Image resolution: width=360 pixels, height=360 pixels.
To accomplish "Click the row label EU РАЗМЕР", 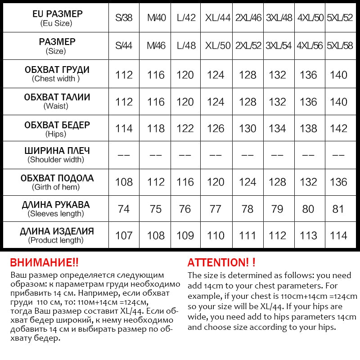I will click(x=58, y=14).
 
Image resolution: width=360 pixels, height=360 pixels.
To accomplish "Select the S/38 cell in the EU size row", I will click(x=124, y=18).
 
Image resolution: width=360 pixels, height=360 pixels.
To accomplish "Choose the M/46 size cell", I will click(x=156, y=46).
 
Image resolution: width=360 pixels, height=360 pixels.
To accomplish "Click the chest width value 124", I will click(x=216, y=75).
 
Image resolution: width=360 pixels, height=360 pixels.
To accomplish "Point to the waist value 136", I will click(x=308, y=102).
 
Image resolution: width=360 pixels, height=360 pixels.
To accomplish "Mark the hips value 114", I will click(x=124, y=129).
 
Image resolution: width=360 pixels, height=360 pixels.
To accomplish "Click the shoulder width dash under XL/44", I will click(x=216, y=155).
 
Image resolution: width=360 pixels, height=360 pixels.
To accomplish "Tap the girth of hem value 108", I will click(x=124, y=182).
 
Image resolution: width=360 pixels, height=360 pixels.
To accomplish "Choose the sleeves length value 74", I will click(x=124, y=209).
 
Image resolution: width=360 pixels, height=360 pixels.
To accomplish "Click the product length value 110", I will click(x=216, y=235).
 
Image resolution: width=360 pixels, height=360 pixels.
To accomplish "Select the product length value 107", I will click(x=124, y=235).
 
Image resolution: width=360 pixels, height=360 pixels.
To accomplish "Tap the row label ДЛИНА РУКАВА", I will click(x=56, y=205).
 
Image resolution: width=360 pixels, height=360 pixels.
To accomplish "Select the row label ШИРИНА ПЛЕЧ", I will click(x=56, y=151).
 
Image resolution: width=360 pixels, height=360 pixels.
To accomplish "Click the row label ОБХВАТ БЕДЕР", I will click(x=57, y=125).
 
